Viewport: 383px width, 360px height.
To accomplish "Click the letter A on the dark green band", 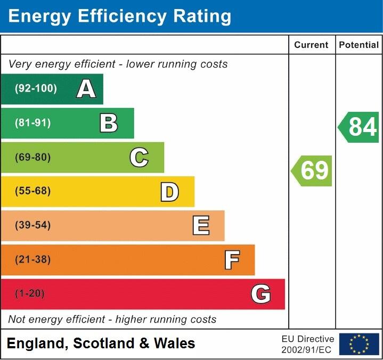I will point(86,89).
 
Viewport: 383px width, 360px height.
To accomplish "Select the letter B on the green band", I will point(109,123).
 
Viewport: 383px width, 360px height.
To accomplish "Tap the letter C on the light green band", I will point(139,158).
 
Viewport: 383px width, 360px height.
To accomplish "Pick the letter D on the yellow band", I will point(169,192).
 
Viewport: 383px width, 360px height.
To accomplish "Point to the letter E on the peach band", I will point(200,226).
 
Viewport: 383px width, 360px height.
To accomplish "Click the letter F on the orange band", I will point(231,260).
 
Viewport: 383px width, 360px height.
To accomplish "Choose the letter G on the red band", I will point(261,294).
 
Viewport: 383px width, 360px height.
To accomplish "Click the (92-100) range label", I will point(36,89).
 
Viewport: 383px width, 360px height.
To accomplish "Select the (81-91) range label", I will point(33,123).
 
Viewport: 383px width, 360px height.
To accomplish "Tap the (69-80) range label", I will point(33,158).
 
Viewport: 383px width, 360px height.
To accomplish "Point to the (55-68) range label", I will point(33,191).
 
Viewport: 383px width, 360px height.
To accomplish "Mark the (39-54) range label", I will point(33,225).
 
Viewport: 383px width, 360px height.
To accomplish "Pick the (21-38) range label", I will point(33,260).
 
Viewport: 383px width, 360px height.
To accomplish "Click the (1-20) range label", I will point(30,294).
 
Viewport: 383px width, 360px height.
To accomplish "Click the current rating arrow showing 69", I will point(313,170).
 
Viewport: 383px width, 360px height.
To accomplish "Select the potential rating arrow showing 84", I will point(360,127).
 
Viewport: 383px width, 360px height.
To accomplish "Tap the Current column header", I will point(311,45).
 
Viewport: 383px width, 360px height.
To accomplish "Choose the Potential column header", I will point(359,45).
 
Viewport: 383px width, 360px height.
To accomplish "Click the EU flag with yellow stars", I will point(359,344).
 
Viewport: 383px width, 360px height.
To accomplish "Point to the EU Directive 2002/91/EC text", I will point(308,344).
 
